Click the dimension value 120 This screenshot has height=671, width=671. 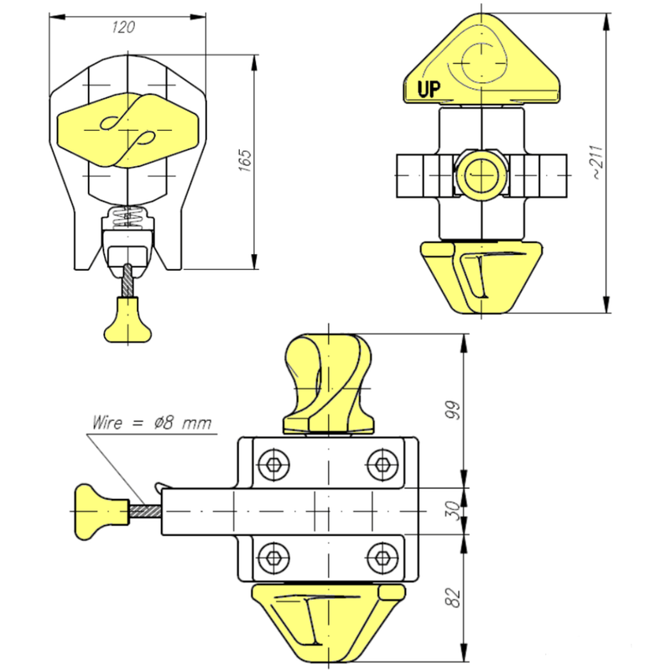click(x=123, y=27)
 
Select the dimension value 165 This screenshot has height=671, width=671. click(x=244, y=160)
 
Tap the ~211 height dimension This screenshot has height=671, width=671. click(x=595, y=163)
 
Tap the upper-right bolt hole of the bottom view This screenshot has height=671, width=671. click(x=382, y=464)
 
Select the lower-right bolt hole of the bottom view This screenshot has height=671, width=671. click(x=382, y=555)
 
